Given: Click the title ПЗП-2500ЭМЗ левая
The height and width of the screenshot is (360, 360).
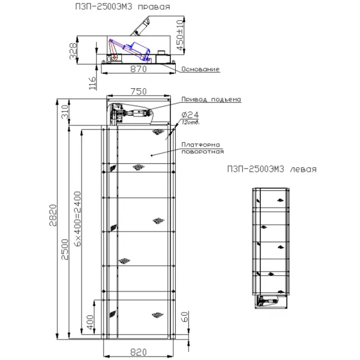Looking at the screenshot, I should [x=272, y=169].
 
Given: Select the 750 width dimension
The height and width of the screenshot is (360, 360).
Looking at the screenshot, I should [x=139, y=91].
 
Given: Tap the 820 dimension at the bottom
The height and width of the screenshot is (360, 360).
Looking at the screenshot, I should [x=139, y=351].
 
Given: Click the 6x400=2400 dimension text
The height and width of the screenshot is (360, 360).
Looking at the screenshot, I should [x=77, y=218].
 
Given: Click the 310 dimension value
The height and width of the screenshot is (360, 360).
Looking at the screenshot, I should [x=65, y=112].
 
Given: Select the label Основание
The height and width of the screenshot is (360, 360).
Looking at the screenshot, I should [x=200, y=70].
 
